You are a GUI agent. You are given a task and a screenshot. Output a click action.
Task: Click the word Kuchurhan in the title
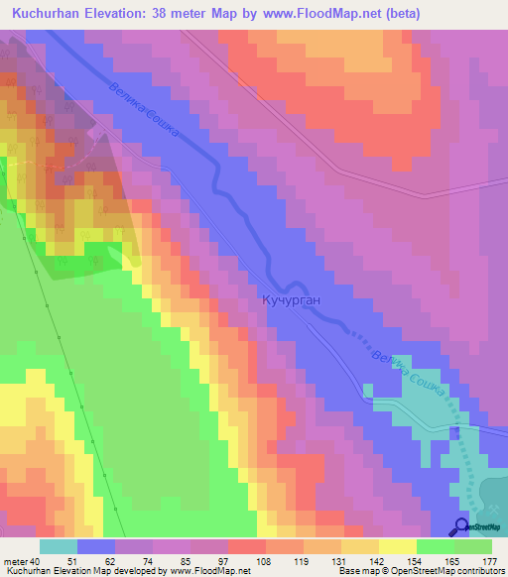(49, 14)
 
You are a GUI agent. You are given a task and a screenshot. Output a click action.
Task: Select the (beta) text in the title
(399, 14)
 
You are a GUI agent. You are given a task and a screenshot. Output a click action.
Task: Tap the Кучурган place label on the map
(294, 298)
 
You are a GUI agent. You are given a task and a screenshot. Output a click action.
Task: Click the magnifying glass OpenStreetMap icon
(462, 526)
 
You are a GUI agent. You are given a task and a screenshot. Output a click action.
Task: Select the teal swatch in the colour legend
(59, 545)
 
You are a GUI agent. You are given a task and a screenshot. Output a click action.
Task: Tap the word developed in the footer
(133, 570)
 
